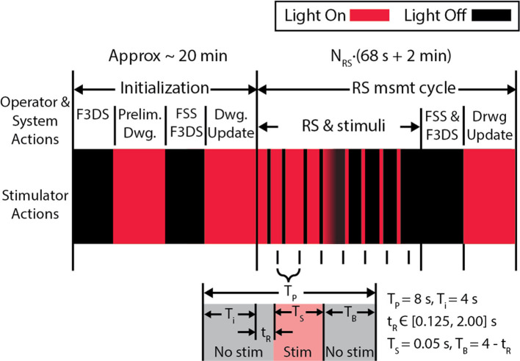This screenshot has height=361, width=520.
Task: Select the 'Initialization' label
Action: [x=164, y=87]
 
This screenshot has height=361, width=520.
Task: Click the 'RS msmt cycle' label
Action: [x=385, y=87]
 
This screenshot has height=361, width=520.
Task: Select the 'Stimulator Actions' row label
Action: [x=33, y=196]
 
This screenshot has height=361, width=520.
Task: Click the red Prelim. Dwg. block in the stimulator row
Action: [x=139, y=196]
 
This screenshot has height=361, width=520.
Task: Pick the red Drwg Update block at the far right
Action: [x=489, y=196]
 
